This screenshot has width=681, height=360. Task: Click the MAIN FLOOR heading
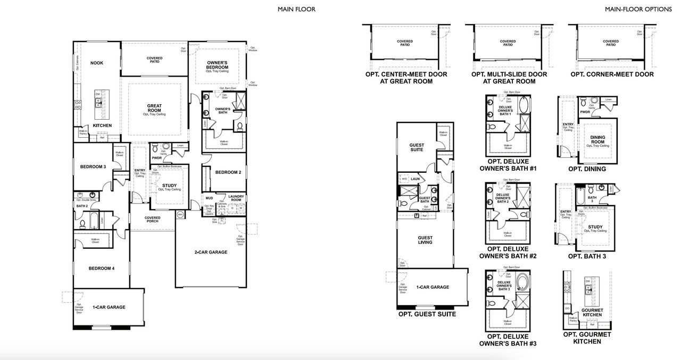[x=296, y=9]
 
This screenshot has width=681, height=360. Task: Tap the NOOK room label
[x=97, y=63]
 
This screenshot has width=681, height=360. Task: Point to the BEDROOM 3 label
[x=93, y=167]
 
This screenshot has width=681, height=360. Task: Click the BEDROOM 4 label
[x=101, y=269]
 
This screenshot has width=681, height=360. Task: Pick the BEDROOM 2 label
[x=228, y=172]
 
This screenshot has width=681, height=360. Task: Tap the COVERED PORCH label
[x=152, y=220]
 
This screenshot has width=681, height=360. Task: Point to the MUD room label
[x=209, y=198]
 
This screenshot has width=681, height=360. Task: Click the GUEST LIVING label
[x=425, y=240]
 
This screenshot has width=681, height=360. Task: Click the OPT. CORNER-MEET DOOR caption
[x=612, y=74]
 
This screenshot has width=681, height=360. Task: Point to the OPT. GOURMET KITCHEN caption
[x=587, y=338]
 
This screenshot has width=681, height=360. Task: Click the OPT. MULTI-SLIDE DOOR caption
[x=509, y=78]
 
